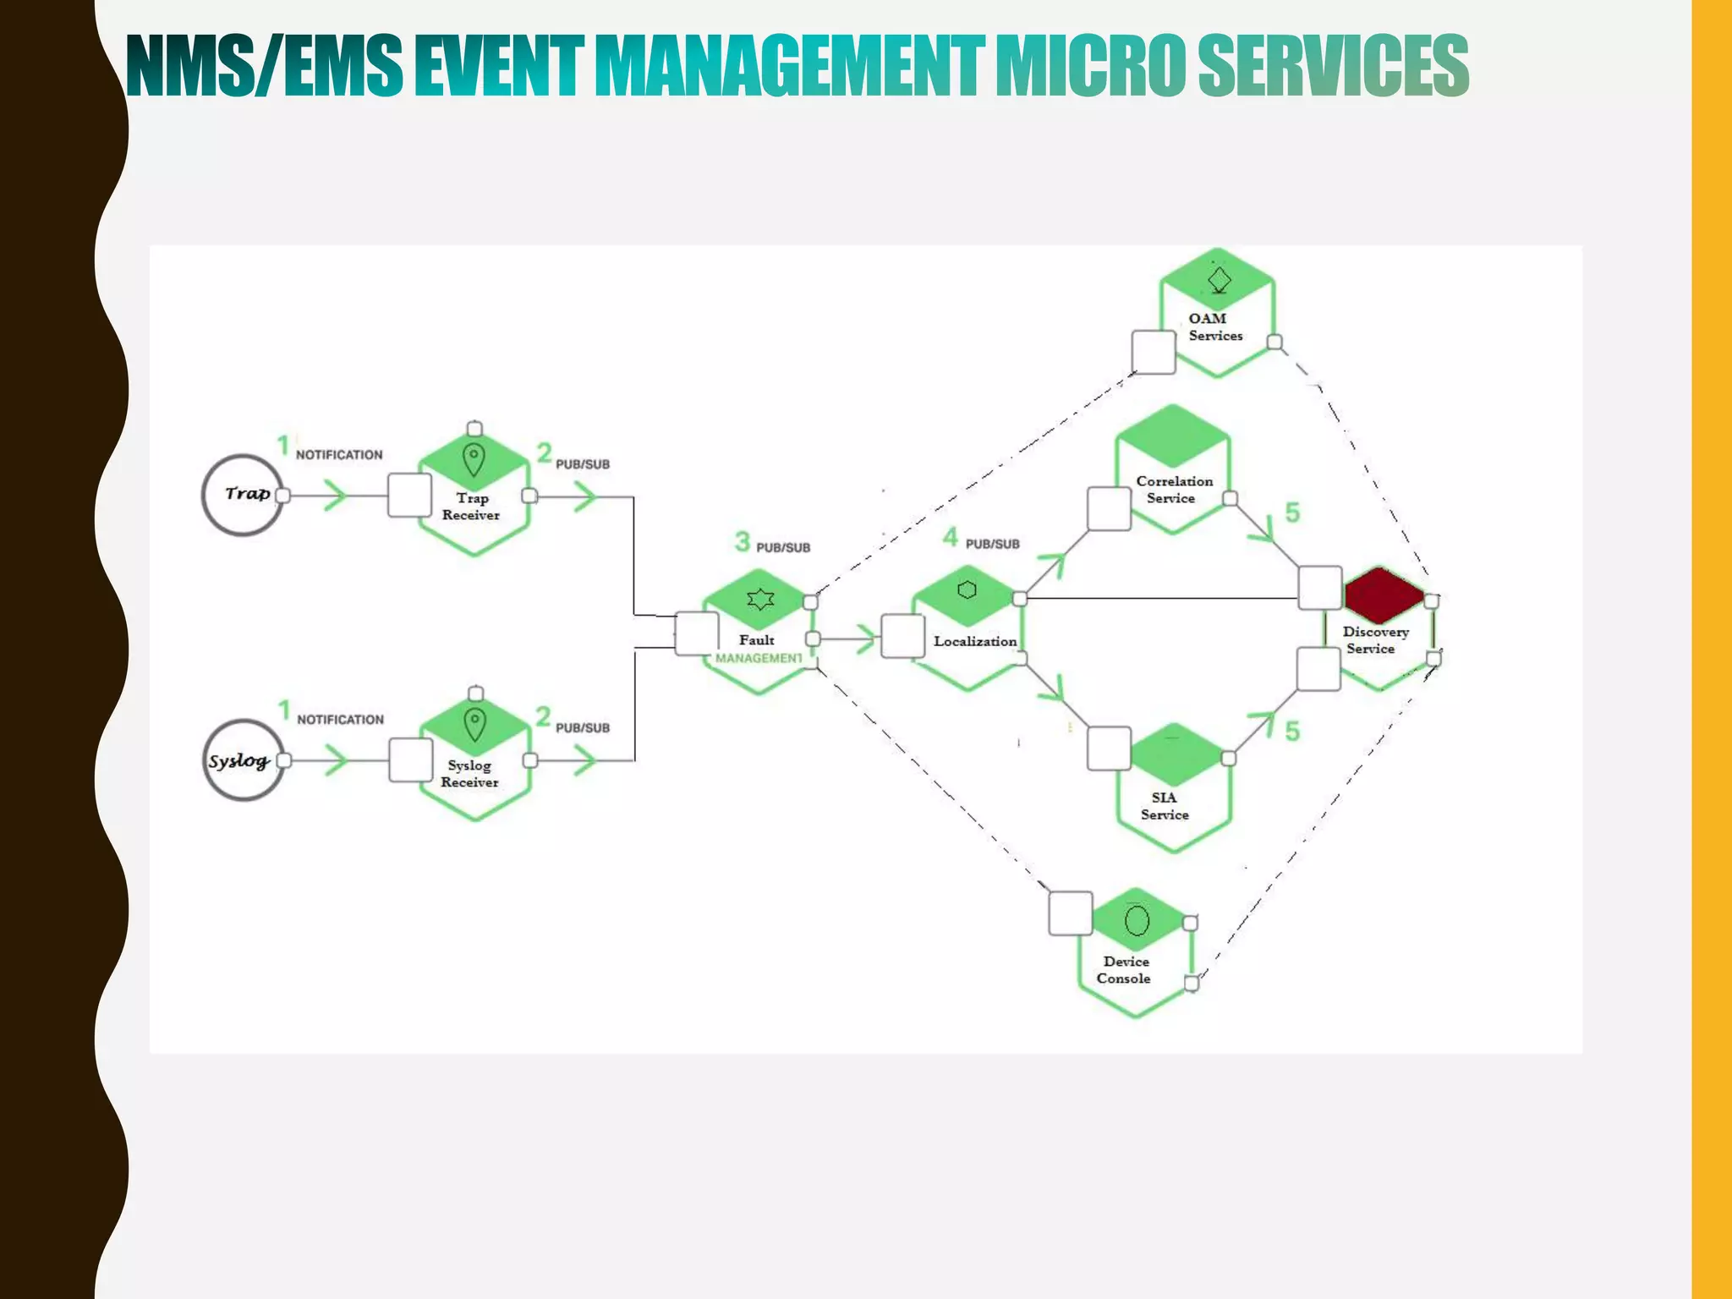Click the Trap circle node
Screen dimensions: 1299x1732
243,495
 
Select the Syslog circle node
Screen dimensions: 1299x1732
243,760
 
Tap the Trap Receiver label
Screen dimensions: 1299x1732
471,507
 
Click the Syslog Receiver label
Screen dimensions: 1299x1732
470,774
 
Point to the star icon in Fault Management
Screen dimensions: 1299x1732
760,600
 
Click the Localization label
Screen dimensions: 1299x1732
975,641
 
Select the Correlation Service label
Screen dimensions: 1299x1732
1174,490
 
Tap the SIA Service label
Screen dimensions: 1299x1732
1165,806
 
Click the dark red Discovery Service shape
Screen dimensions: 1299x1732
1384,595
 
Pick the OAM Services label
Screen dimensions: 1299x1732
1215,327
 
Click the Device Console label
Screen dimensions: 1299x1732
1124,970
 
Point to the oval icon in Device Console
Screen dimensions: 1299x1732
1137,920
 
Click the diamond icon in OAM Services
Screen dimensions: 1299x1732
1220,279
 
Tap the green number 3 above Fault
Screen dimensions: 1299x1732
743,541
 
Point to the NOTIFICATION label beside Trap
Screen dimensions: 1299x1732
339,455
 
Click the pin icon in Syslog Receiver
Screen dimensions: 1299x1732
475,725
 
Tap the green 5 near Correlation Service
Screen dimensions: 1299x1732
1292,512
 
